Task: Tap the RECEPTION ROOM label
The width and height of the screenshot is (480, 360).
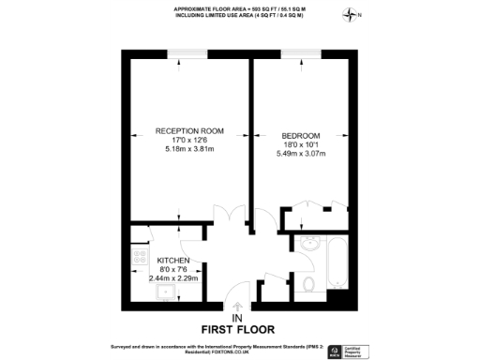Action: coord(188,132)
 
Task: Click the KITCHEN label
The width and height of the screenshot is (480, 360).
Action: coord(173,260)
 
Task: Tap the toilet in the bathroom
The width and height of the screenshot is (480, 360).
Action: coord(309,284)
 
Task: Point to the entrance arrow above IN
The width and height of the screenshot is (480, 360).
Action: coord(239,306)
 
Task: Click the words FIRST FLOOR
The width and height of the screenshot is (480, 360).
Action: coord(238,329)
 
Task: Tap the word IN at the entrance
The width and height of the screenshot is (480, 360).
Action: coord(239,317)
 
